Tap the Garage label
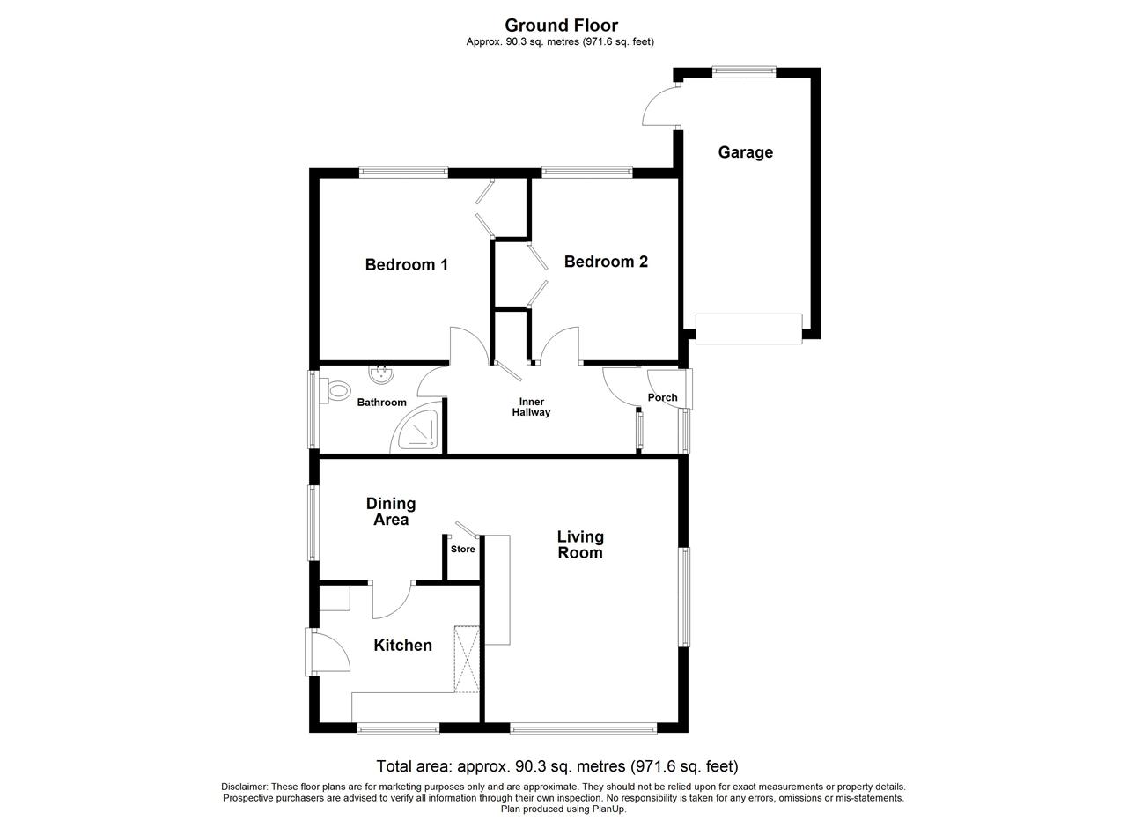click(745, 152)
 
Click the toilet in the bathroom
click(335, 390)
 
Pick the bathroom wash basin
click(382, 373)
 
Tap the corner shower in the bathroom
click(418, 429)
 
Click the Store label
click(462, 550)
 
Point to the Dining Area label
click(391, 512)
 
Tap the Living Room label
click(580, 544)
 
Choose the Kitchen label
click(402, 646)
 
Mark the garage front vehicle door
click(748, 329)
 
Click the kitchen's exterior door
click(327, 652)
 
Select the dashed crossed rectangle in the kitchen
click(467, 659)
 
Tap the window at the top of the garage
click(744, 71)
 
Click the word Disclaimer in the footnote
click(244, 787)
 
